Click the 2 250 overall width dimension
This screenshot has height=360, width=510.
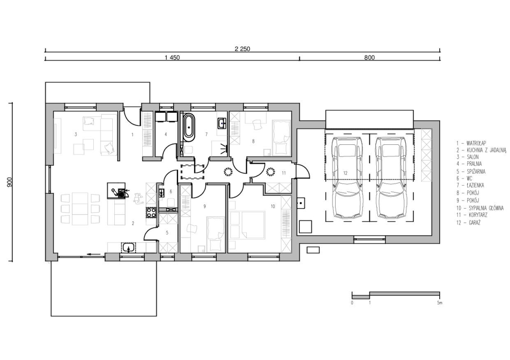tap(242, 49)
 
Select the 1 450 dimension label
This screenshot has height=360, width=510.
tap(172, 58)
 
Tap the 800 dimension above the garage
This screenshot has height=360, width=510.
tap(369, 58)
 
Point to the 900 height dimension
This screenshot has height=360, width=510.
tap(10, 182)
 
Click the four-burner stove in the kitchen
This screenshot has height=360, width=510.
tap(151, 212)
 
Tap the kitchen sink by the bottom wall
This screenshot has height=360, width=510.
tap(129, 247)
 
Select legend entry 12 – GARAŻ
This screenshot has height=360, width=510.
tap(469, 223)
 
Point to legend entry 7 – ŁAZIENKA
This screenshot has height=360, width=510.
tap(470, 186)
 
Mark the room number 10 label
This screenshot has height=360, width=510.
tap(272, 206)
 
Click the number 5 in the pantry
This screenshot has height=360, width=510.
tap(167, 233)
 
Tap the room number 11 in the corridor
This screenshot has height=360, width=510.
tap(284, 173)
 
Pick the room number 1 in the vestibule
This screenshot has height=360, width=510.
tap(133, 134)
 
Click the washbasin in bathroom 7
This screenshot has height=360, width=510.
tap(222, 123)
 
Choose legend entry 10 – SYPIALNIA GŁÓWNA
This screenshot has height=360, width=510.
tap(480, 208)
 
